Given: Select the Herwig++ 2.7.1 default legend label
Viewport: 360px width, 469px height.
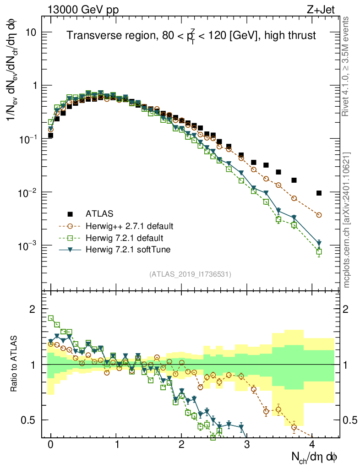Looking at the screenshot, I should (129, 226).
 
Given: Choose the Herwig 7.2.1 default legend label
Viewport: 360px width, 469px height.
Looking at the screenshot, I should (124, 238).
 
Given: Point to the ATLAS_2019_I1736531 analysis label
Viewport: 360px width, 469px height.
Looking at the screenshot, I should (190, 274).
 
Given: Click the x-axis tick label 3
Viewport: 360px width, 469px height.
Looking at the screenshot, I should (247, 444).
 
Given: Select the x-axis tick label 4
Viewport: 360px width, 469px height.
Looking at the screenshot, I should (312, 444).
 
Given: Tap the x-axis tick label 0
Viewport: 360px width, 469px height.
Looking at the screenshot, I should (50, 444).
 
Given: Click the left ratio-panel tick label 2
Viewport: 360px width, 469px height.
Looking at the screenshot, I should (33, 309).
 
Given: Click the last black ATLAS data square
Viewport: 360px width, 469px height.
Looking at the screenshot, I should (319, 193).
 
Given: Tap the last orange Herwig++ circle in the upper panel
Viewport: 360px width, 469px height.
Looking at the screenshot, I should (319, 215).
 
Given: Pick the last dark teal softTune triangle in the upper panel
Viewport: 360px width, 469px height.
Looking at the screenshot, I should (319, 243).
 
